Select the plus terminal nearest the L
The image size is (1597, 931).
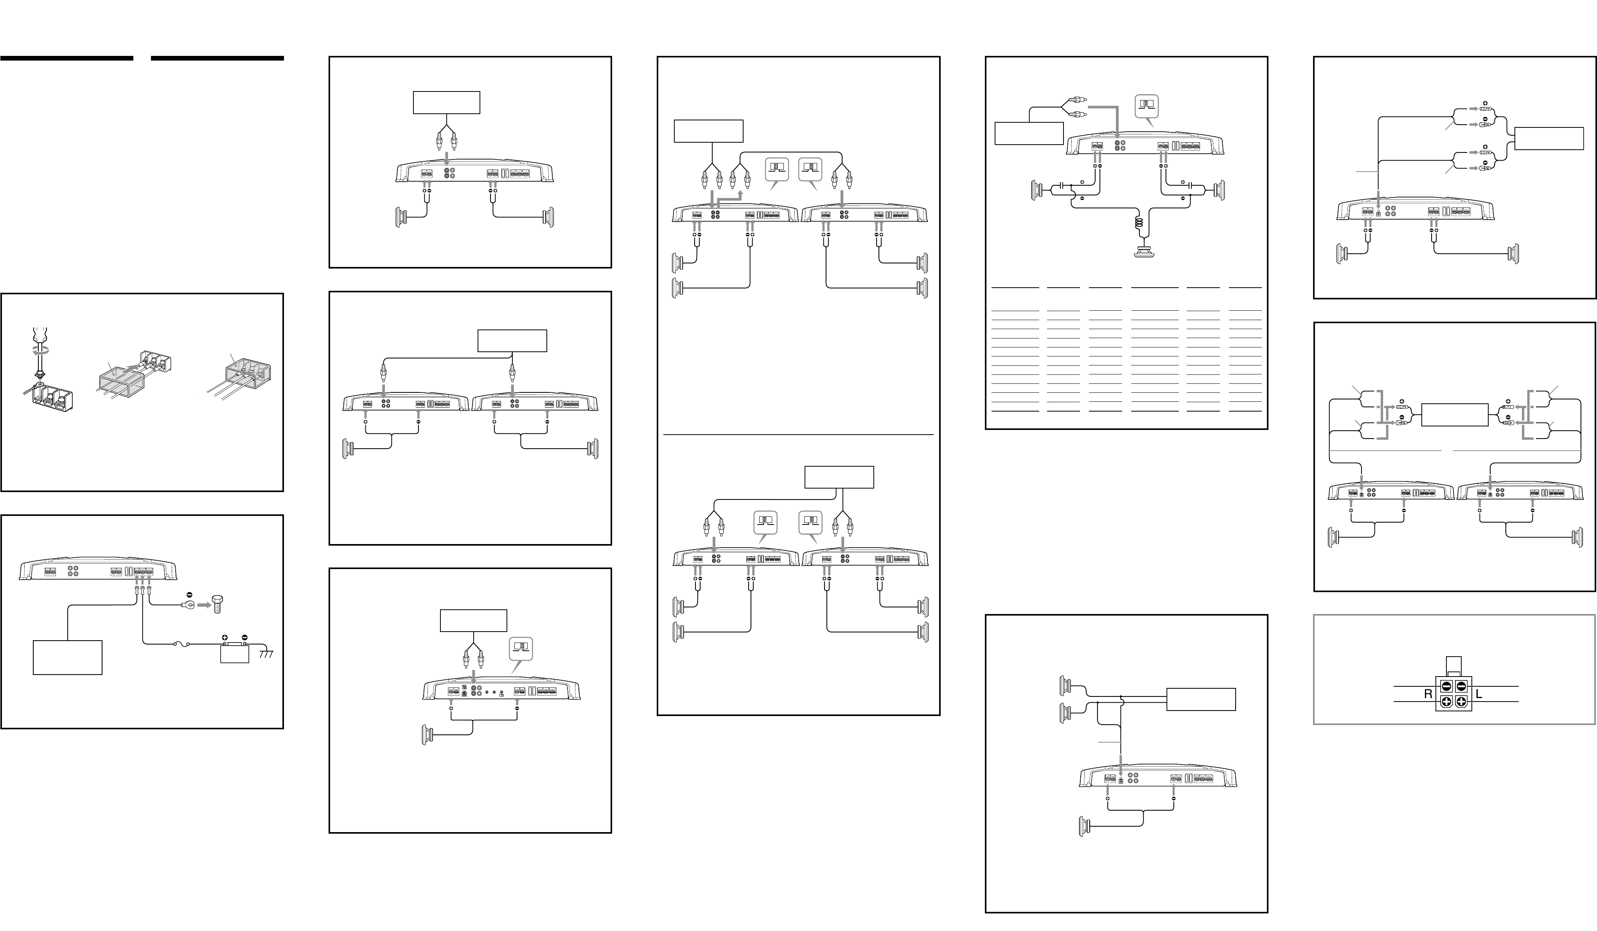coord(1461,702)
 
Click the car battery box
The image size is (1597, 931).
coord(234,653)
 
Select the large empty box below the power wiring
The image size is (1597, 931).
coord(67,657)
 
